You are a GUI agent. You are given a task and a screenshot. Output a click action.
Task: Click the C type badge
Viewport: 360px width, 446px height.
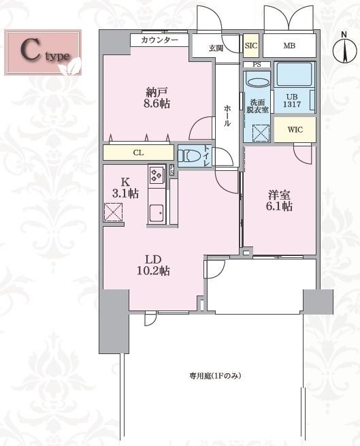[x=45, y=51]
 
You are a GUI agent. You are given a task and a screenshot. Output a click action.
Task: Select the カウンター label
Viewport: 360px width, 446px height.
[x=160, y=40]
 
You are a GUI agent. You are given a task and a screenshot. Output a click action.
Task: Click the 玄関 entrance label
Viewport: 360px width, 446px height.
[x=216, y=48]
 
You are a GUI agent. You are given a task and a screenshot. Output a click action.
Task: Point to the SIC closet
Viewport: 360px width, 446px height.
[x=251, y=46]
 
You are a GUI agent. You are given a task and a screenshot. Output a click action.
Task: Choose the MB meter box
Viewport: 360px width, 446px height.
[x=289, y=46]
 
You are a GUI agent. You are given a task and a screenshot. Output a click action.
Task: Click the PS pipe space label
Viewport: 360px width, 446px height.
[x=257, y=65]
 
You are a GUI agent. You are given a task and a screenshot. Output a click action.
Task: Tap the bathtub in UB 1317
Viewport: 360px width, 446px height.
[x=293, y=76]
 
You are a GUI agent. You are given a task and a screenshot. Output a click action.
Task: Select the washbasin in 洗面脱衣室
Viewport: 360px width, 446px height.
[x=257, y=82]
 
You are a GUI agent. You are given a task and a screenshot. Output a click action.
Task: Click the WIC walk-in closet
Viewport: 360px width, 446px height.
[x=294, y=129]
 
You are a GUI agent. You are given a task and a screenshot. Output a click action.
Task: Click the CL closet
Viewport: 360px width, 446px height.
[x=137, y=153]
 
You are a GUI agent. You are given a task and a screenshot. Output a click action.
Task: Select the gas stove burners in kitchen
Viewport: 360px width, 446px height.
[x=156, y=176]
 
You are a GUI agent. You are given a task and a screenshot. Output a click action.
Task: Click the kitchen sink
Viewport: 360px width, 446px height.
[x=156, y=213]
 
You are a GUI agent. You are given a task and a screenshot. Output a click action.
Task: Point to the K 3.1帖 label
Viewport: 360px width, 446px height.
[x=127, y=187]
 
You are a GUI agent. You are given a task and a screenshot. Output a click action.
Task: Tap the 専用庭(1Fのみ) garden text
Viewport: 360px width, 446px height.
[x=216, y=376]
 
